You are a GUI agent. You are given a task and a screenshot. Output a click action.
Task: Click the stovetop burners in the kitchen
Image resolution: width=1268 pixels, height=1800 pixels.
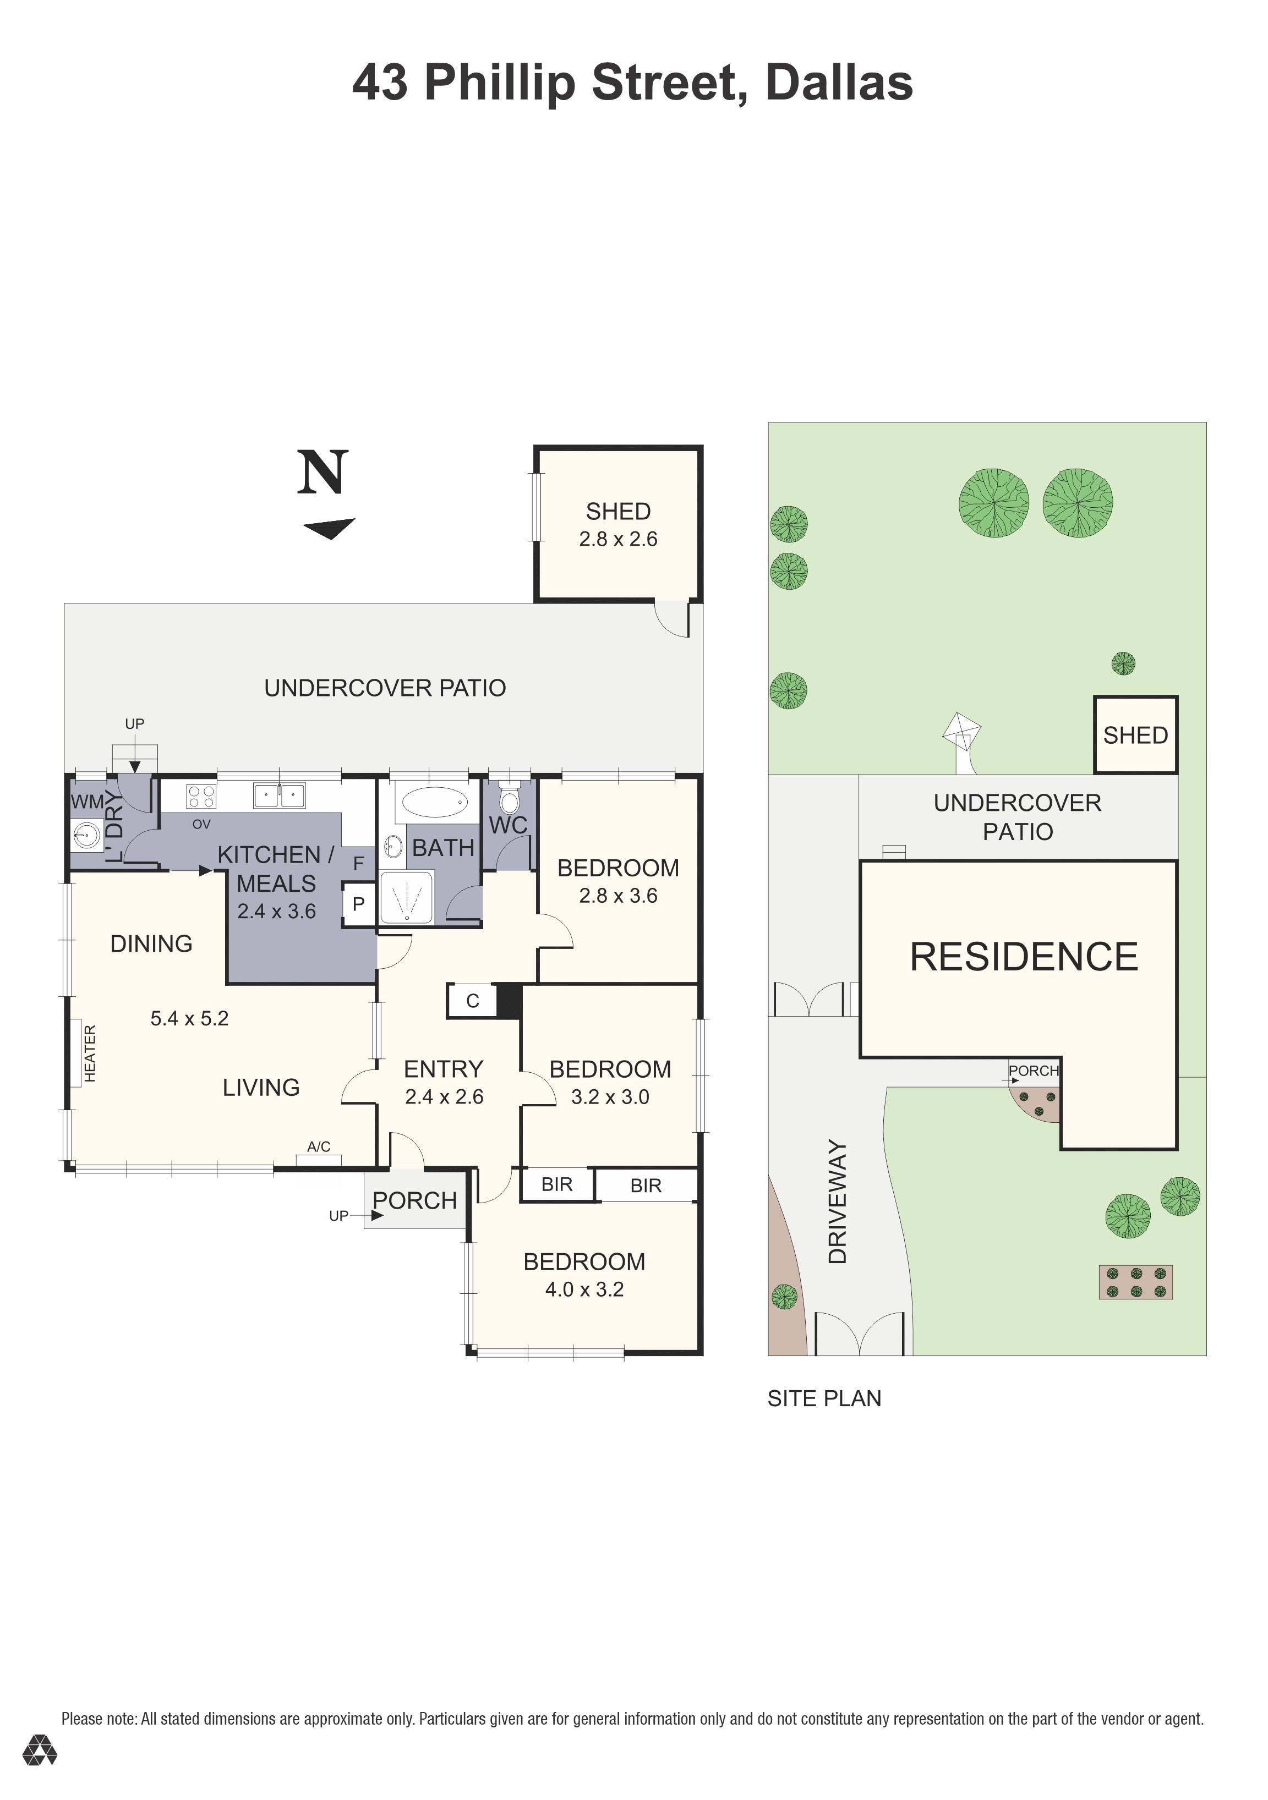(x=201, y=797)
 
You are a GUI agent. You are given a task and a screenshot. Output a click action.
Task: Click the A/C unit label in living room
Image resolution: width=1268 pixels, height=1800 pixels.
(x=318, y=1147)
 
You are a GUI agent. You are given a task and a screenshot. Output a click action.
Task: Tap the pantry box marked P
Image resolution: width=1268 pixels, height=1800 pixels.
(x=358, y=904)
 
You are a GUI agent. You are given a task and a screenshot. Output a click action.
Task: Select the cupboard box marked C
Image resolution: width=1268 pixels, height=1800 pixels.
(x=472, y=1001)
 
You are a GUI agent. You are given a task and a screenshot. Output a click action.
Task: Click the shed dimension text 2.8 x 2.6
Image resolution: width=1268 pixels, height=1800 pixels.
(x=618, y=539)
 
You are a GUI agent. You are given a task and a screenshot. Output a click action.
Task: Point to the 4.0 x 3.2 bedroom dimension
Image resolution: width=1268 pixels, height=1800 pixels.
(x=584, y=1289)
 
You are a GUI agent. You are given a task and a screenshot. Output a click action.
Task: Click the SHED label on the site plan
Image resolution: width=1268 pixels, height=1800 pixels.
(x=1135, y=736)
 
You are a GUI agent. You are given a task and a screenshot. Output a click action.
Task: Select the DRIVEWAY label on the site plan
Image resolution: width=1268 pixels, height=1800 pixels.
(x=838, y=1202)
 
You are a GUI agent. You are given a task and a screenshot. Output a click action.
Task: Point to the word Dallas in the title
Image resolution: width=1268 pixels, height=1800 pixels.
(x=838, y=83)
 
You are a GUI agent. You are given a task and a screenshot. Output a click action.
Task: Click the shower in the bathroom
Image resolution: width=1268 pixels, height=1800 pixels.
(x=406, y=897)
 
